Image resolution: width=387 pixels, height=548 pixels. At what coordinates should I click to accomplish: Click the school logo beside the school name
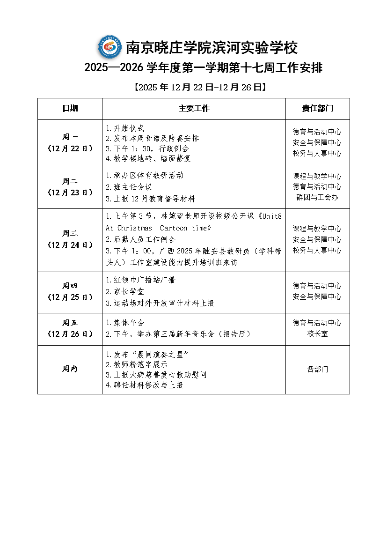pos(110,47)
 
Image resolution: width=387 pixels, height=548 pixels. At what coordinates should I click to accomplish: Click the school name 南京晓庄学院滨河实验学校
pos(212,48)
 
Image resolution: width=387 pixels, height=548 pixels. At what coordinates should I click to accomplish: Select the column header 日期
pos(70,109)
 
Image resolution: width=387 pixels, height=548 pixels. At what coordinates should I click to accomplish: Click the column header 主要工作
pos(194,109)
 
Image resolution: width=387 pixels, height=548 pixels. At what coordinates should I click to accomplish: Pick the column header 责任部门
pos(317,109)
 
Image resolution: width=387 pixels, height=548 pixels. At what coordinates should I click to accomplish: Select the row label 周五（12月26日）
pos(70,328)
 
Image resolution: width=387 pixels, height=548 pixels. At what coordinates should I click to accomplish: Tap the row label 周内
pos(70,369)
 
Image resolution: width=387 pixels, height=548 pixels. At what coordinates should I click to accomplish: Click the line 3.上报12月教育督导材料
pos(150,199)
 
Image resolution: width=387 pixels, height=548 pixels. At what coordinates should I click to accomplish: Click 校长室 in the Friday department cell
pos(317,334)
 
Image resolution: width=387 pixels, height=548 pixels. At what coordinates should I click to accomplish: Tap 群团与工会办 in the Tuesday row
pos(317,198)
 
